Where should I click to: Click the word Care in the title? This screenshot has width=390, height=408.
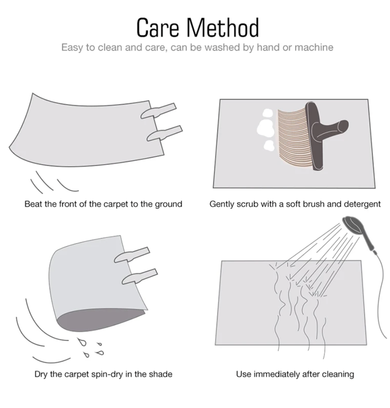158,28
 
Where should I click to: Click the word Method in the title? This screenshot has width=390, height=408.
223,27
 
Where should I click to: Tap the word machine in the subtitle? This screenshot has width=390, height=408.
314,47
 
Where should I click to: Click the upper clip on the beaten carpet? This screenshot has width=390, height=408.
158,111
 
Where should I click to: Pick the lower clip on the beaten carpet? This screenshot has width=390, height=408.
165,133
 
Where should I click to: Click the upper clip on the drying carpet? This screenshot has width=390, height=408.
132,254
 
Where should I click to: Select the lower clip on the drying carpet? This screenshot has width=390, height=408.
140,277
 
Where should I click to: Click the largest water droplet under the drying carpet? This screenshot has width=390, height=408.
82,342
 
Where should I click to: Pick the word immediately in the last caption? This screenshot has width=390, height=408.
277,374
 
